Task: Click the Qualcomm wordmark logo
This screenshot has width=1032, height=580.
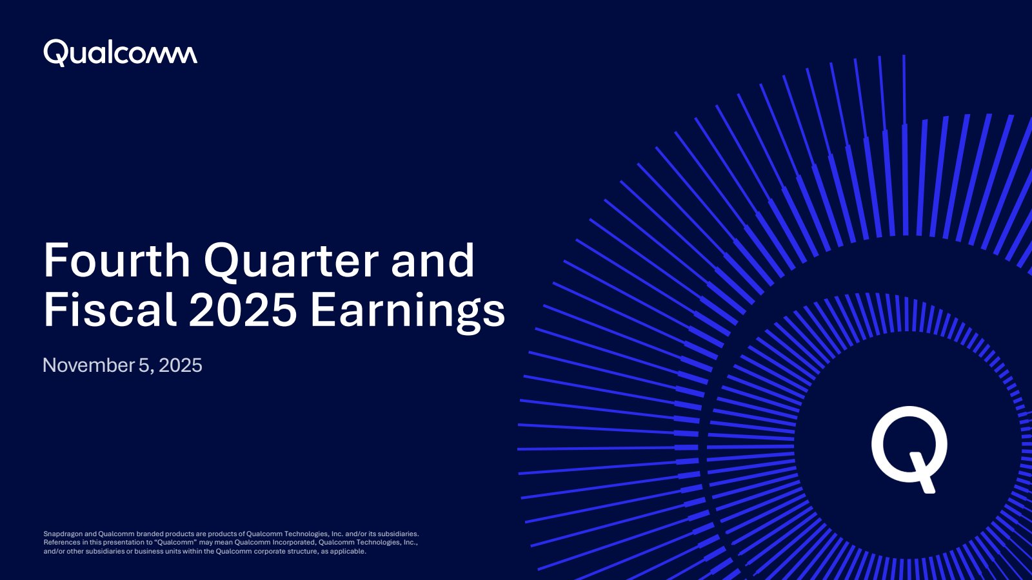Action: coord(120,52)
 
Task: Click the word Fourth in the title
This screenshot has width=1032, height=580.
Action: coord(117,260)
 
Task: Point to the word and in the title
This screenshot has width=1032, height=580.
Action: coord(433,260)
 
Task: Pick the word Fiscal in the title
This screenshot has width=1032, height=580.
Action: coord(110,310)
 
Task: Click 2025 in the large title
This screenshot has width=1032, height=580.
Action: coord(243,311)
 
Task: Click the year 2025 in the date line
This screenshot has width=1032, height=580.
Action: coord(181,365)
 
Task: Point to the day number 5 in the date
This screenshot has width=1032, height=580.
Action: coord(143,365)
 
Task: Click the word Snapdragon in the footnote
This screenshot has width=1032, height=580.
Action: coord(63,534)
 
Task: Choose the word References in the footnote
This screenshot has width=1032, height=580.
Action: coord(61,543)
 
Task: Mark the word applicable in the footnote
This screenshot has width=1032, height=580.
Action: coord(348,552)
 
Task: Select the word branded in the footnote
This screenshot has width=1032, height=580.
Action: coord(150,534)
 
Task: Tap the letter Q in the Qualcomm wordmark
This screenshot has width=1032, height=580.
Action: coord(56,52)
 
